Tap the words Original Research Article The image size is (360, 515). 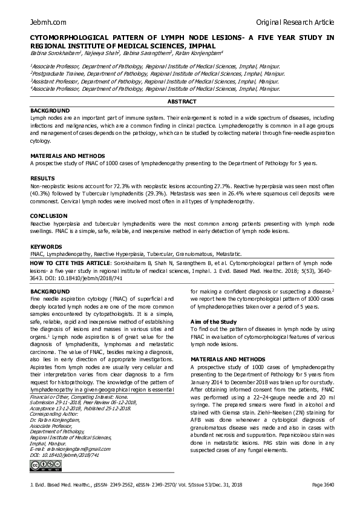coord(295,22)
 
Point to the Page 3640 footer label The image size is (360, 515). coord(322,502)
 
